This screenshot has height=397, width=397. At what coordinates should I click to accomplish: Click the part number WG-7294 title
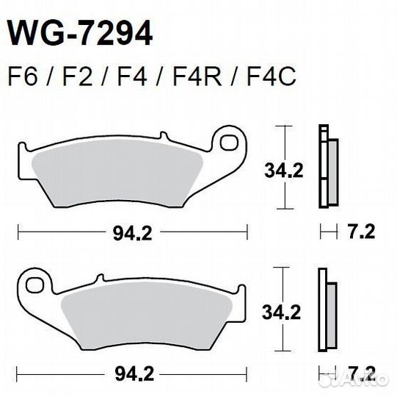(80, 34)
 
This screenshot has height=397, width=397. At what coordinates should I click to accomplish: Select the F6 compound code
(22, 76)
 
